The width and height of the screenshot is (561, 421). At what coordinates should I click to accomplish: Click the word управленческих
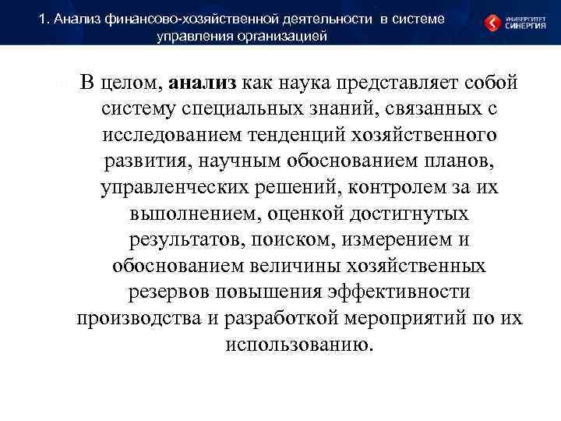[182, 189]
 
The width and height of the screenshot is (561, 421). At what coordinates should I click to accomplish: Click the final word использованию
[299, 345]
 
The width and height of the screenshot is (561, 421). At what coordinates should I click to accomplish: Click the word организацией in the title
[285, 36]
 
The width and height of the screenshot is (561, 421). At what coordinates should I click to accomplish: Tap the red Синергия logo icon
[494, 23]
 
